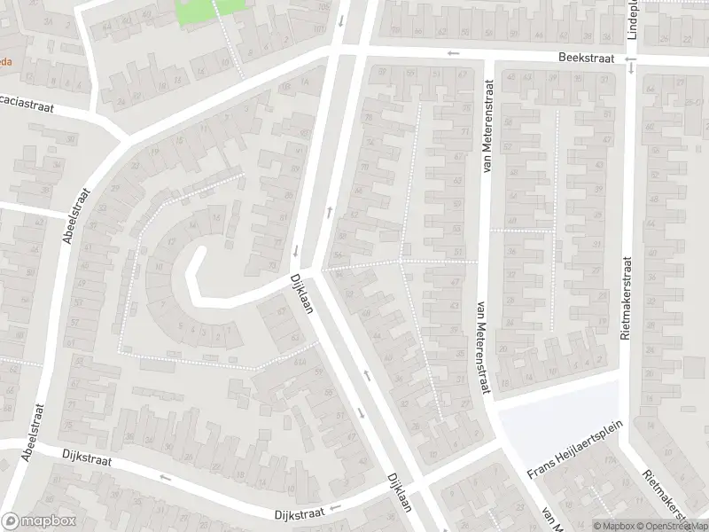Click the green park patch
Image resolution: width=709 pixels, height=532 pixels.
(211, 11)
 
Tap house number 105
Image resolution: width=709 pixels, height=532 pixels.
(320, 8)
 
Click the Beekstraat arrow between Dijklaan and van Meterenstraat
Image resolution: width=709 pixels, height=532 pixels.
(454, 53)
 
